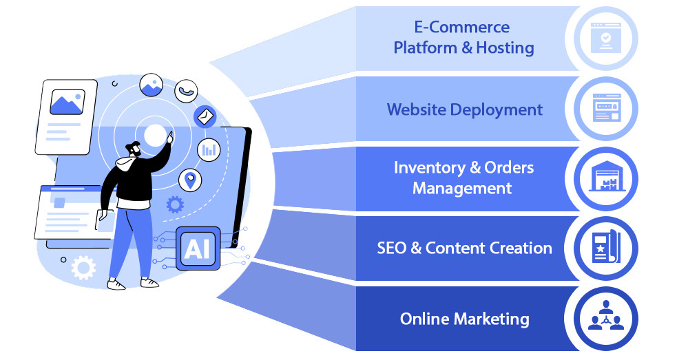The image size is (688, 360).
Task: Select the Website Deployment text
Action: [464, 109]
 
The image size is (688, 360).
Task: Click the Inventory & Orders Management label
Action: [463, 178]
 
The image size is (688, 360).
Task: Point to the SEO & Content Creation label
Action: [464, 248]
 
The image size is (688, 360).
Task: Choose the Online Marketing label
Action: [464, 319]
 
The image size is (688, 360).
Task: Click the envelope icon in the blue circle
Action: [205, 117]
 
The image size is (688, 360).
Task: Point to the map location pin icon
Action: [190, 180]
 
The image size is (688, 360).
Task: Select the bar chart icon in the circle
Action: [209, 149]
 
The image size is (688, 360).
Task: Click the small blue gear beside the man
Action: [176, 204]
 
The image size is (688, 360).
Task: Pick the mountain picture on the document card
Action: [67, 103]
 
